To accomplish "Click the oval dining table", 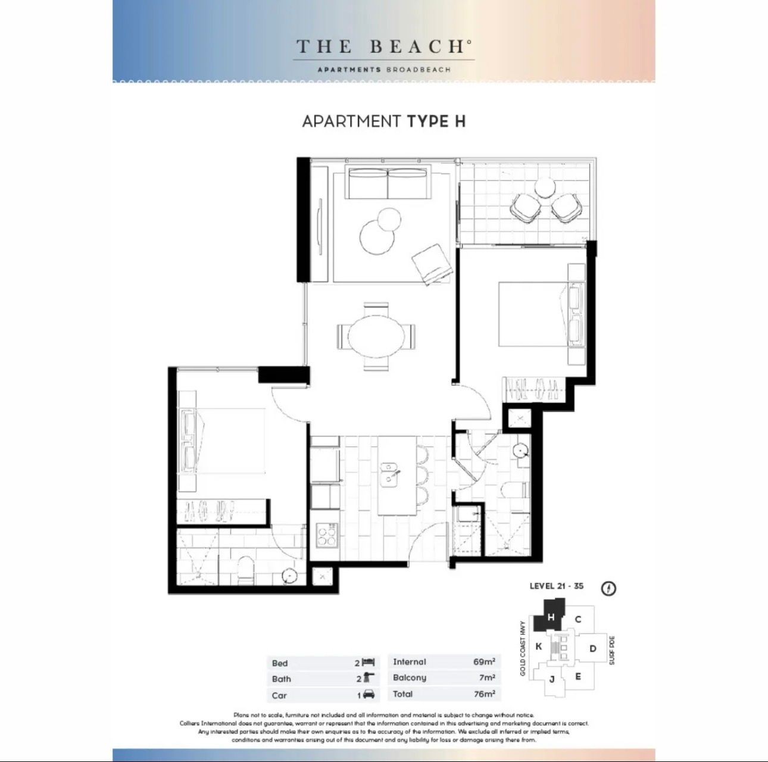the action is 376,337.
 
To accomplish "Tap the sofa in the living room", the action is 388,183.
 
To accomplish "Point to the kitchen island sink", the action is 389,474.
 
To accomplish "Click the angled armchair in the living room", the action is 432,264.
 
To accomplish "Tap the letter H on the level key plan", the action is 551,617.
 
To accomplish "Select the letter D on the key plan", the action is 592,648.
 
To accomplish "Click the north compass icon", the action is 608,588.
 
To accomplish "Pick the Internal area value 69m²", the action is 484,661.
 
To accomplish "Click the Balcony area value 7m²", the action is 487,677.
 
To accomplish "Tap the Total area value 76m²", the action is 484,694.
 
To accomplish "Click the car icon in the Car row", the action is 369,695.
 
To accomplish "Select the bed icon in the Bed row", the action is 369,663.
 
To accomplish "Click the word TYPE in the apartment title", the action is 427,121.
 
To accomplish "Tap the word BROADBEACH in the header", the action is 419,69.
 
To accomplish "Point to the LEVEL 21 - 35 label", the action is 557,586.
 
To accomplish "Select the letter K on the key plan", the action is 538,646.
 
